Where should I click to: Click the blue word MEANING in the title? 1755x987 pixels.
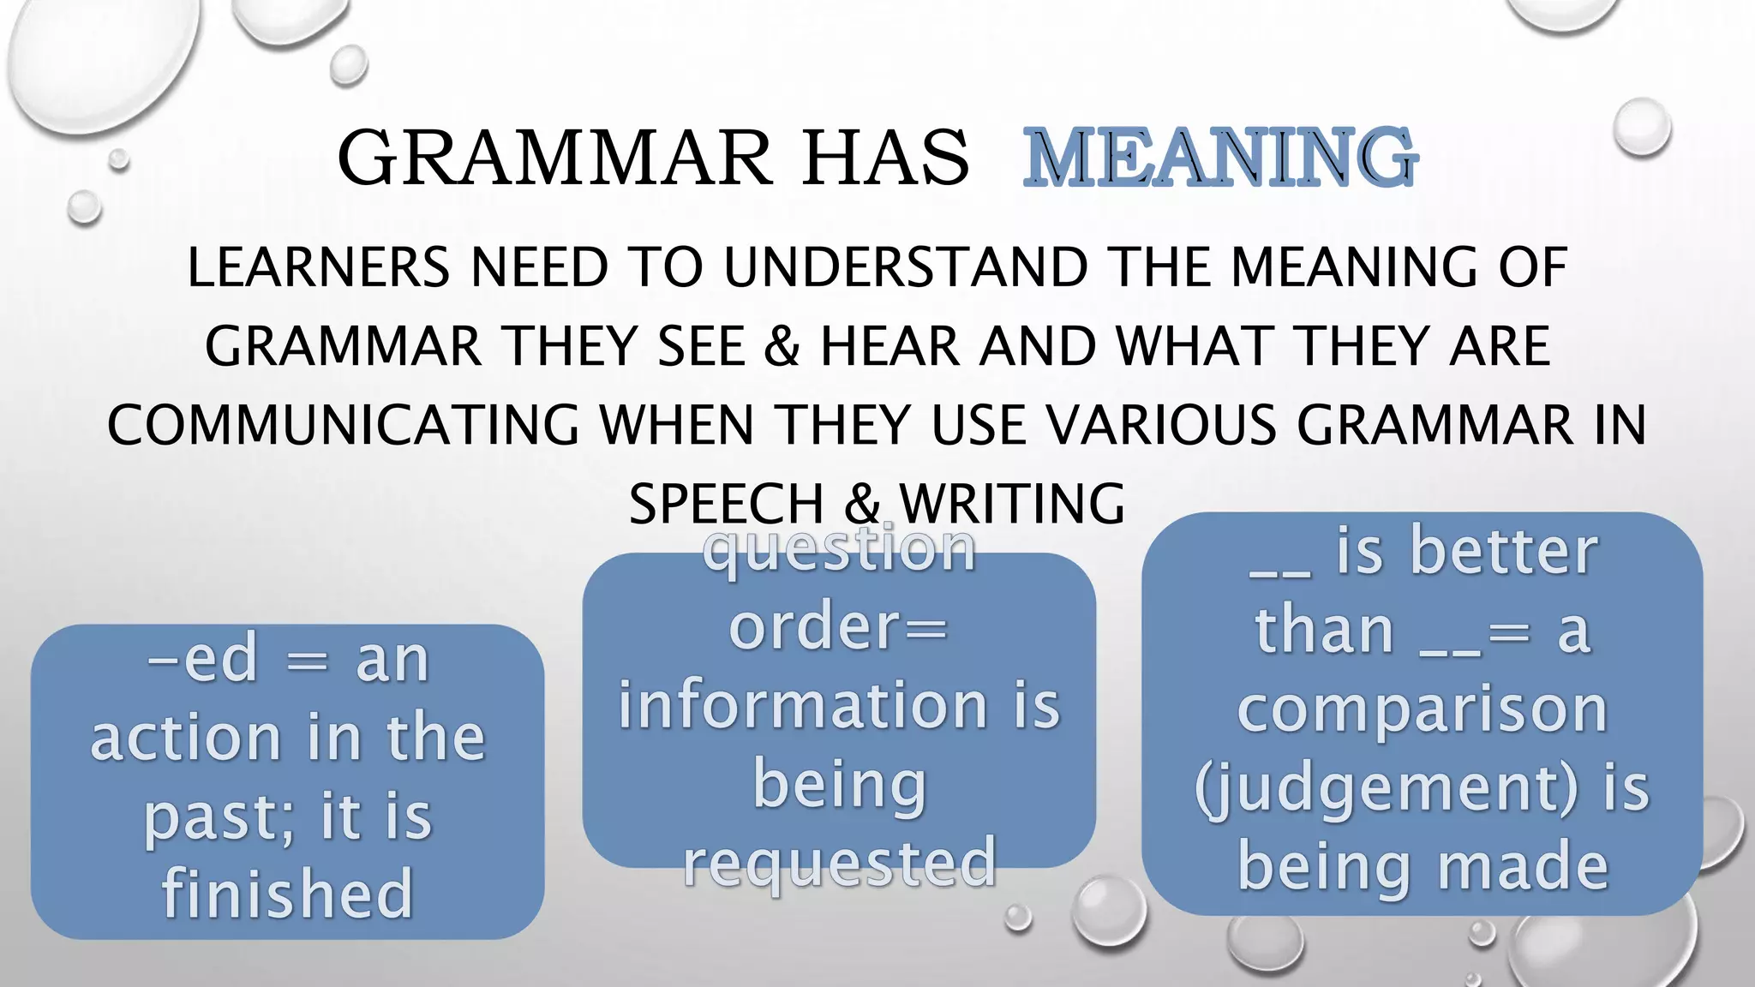tap(1221, 158)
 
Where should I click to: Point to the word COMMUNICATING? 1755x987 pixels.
tap(343, 425)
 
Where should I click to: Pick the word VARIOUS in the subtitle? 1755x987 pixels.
tap(1161, 425)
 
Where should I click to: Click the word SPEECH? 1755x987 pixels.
tap(726, 504)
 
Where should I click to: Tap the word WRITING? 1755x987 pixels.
tap(1012, 504)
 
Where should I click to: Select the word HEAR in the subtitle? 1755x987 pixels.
tap(891, 346)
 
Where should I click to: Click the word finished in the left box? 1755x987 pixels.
tap(288, 893)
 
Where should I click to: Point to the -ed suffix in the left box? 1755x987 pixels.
tap(202, 660)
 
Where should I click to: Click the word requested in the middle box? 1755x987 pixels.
tap(840, 862)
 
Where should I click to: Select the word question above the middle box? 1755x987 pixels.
tap(840, 548)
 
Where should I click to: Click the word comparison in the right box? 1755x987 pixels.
tap(1423, 709)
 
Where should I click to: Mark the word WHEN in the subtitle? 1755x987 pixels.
tap(677, 425)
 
